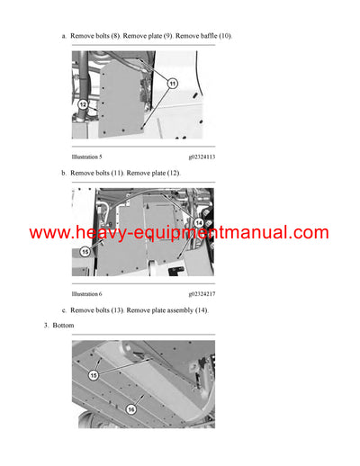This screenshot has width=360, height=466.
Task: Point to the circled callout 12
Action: pyautogui.click(x=83, y=104)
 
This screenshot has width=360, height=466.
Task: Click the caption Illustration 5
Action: pyautogui.click(x=87, y=157)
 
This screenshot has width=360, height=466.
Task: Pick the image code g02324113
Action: pyautogui.click(x=202, y=157)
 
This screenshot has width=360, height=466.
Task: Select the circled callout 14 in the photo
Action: pyautogui.click(x=198, y=222)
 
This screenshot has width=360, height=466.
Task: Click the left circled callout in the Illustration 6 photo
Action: pyautogui.click(x=85, y=253)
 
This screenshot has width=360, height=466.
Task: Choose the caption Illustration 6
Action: pyautogui.click(x=87, y=294)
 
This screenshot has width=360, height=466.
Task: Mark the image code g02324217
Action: pyautogui.click(x=202, y=294)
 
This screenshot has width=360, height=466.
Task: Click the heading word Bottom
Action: pyautogui.click(x=64, y=325)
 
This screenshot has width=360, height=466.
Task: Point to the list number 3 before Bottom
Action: pyautogui.click(x=46, y=325)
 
